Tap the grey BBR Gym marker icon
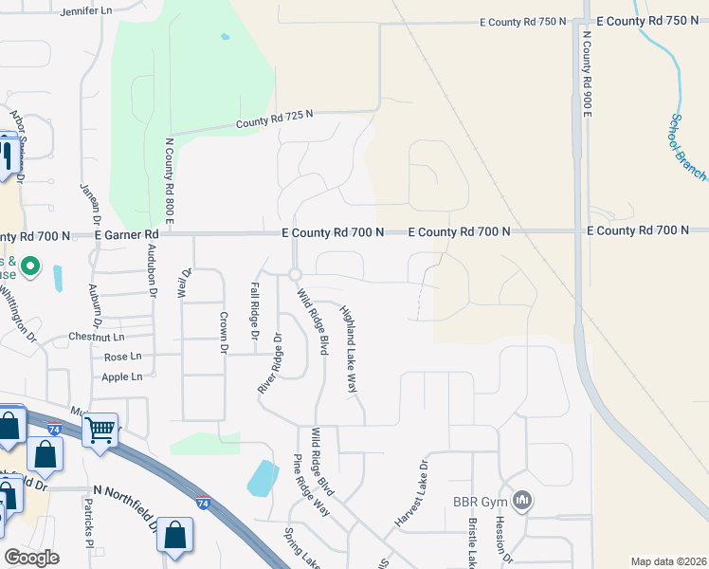(x=520, y=500)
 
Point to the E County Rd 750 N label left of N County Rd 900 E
(x=523, y=21)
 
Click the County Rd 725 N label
(x=274, y=119)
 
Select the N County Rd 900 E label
(x=587, y=74)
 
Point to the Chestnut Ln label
(x=97, y=337)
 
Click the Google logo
(x=31, y=557)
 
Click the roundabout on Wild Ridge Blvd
(x=295, y=274)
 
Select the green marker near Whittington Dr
(x=30, y=267)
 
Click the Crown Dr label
(x=224, y=334)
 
